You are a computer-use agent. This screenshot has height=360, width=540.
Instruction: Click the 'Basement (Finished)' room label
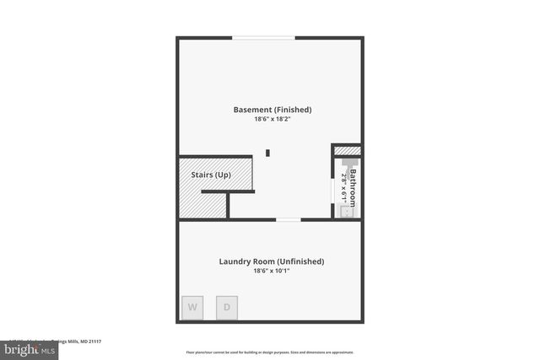pyautogui.click(x=272, y=110)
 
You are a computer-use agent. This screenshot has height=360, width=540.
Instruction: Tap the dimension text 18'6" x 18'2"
pyautogui.click(x=272, y=120)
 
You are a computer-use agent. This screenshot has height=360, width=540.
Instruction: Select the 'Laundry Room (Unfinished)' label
pyautogui.click(x=272, y=261)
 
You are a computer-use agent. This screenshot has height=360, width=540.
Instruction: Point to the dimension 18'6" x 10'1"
pyautogui.click(x=272, y=271)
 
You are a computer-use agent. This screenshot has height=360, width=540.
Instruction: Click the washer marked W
pyautogui.click(x=192, y=307)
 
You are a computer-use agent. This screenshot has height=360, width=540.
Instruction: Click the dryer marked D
pyautogui.click(x=226, y=307)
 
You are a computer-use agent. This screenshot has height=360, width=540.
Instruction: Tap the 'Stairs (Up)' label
pyautogui.click(x=205, y=175)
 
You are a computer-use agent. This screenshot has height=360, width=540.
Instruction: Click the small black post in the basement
pyautogui.click(x=268, y=153)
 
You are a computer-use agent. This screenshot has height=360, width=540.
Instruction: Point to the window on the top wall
pyautogui.click(x=264, y=37)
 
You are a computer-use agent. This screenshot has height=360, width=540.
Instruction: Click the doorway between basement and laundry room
pyautogui.click(x=288, y=219)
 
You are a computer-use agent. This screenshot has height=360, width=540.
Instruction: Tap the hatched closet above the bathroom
pyautogui.click(x=348, y=151)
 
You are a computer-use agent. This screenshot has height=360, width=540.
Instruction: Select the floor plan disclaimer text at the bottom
pyautogui.click(x=270, y=352)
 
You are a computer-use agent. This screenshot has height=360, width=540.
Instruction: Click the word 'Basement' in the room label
pyautogui.click(x=252, y=110)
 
